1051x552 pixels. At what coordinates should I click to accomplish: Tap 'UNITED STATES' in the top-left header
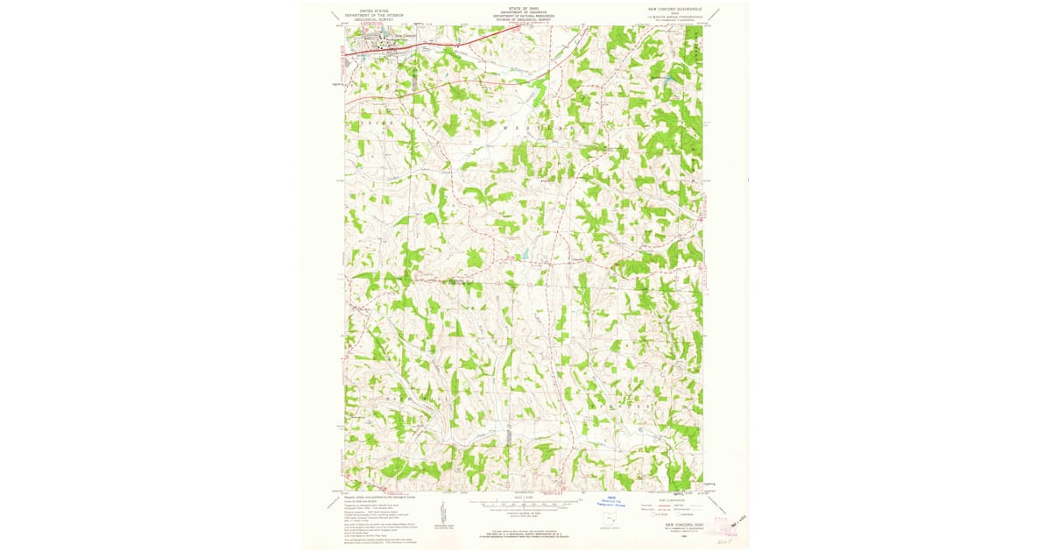(368, 11)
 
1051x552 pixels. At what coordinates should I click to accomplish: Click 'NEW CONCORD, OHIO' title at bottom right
(680, 526)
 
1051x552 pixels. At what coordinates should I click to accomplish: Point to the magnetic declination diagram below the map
(445, 510)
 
